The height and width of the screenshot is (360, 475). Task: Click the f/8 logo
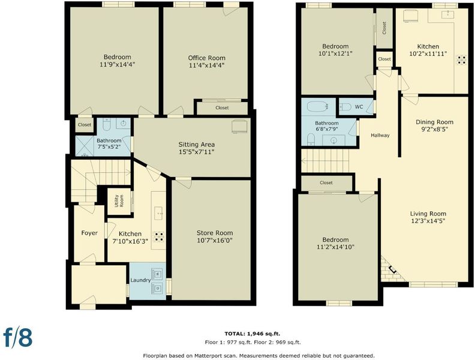18,337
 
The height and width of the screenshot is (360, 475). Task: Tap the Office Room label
206,58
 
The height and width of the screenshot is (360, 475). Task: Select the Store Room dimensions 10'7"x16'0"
215,241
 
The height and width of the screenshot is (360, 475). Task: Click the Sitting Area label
196,145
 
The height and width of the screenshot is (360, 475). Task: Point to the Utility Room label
119,201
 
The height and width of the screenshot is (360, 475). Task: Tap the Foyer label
89,233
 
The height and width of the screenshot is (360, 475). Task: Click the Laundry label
140,280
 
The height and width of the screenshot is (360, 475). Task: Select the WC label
359,107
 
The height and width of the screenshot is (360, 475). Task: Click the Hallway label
380,136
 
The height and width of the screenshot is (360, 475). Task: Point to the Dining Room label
434,122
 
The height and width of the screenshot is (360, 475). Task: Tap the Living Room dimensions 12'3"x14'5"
428,221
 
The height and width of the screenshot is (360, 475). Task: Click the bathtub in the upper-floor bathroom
318,107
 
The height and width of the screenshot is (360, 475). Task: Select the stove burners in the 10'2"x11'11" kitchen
462,59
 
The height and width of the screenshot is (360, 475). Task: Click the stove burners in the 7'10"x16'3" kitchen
159,237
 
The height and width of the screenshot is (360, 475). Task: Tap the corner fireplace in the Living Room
392,269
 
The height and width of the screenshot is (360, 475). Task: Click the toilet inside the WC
345,107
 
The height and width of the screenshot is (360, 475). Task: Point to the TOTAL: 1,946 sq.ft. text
252,334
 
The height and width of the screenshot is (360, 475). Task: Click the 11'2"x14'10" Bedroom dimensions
335,247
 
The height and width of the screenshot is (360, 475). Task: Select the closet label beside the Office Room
222,108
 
